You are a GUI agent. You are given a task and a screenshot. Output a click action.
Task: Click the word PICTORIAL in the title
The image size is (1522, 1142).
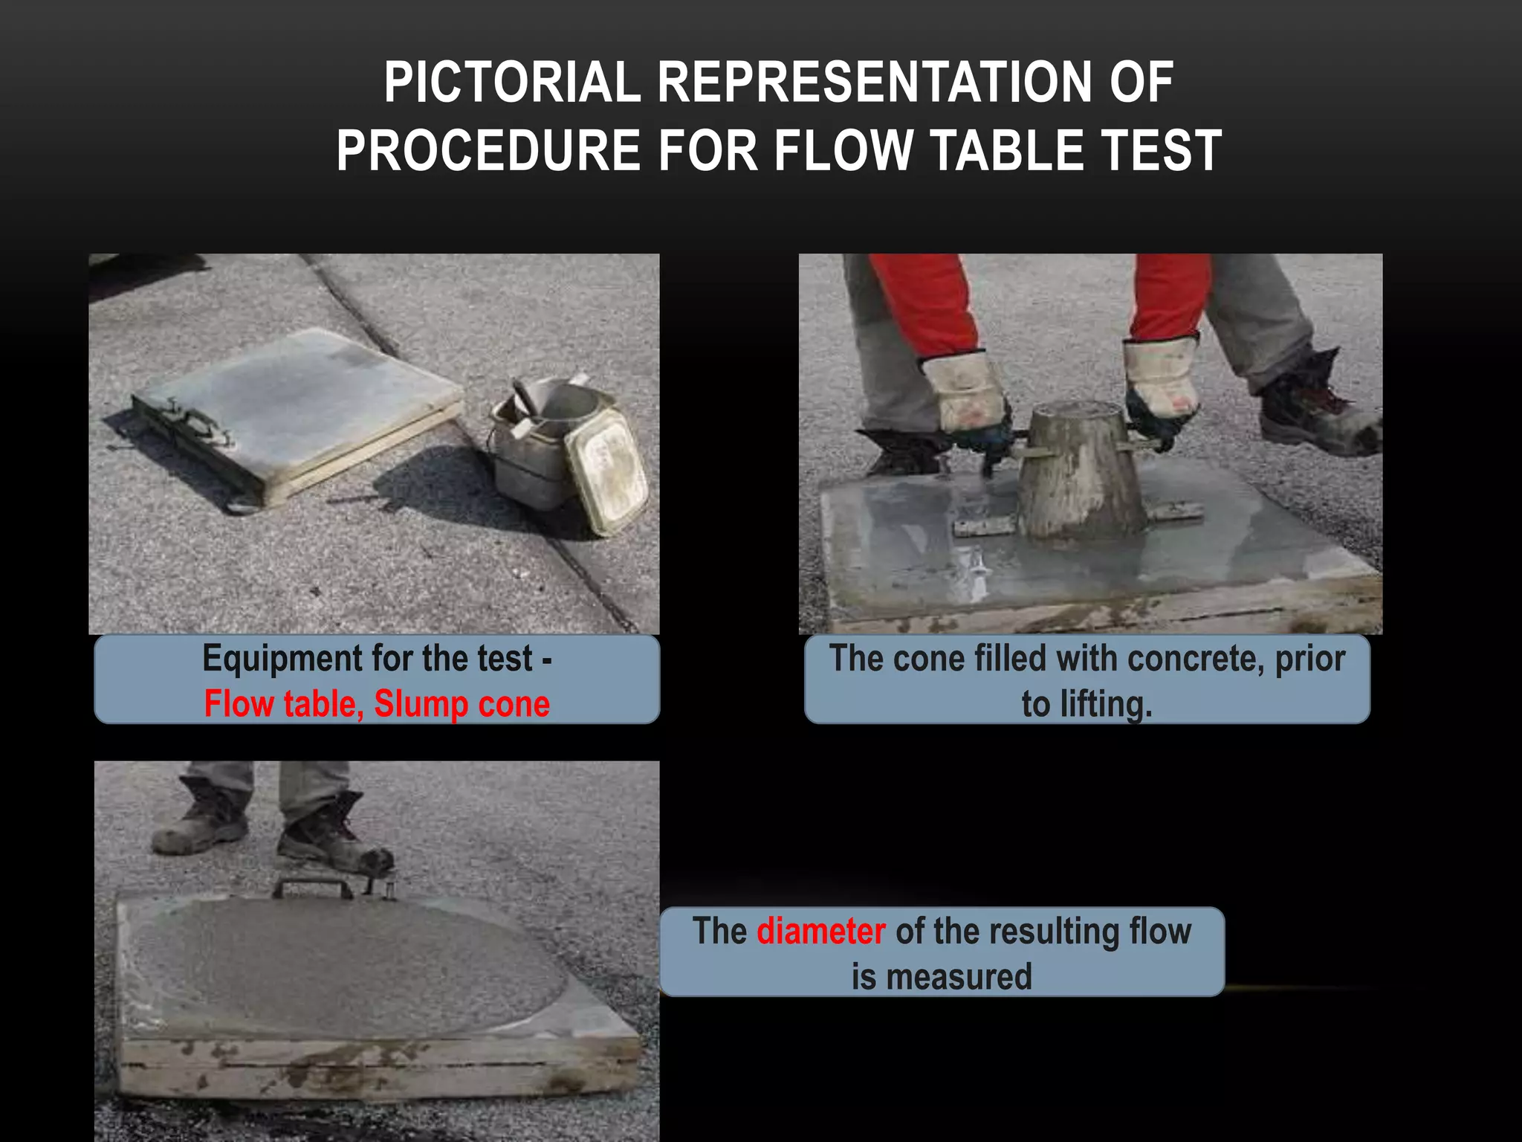tap(512, 83)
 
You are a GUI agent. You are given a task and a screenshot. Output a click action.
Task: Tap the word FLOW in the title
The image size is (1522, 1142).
tap(843, 151)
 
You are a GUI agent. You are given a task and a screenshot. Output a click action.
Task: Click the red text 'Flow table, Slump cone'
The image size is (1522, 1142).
tap(377, 704)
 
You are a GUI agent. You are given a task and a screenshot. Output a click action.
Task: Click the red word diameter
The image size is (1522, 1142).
tap(820, 931)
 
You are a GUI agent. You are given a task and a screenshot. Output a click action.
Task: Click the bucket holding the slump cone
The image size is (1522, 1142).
tap(529, 461)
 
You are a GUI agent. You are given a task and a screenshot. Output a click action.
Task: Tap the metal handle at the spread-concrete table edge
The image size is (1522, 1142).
tap(312, 887)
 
